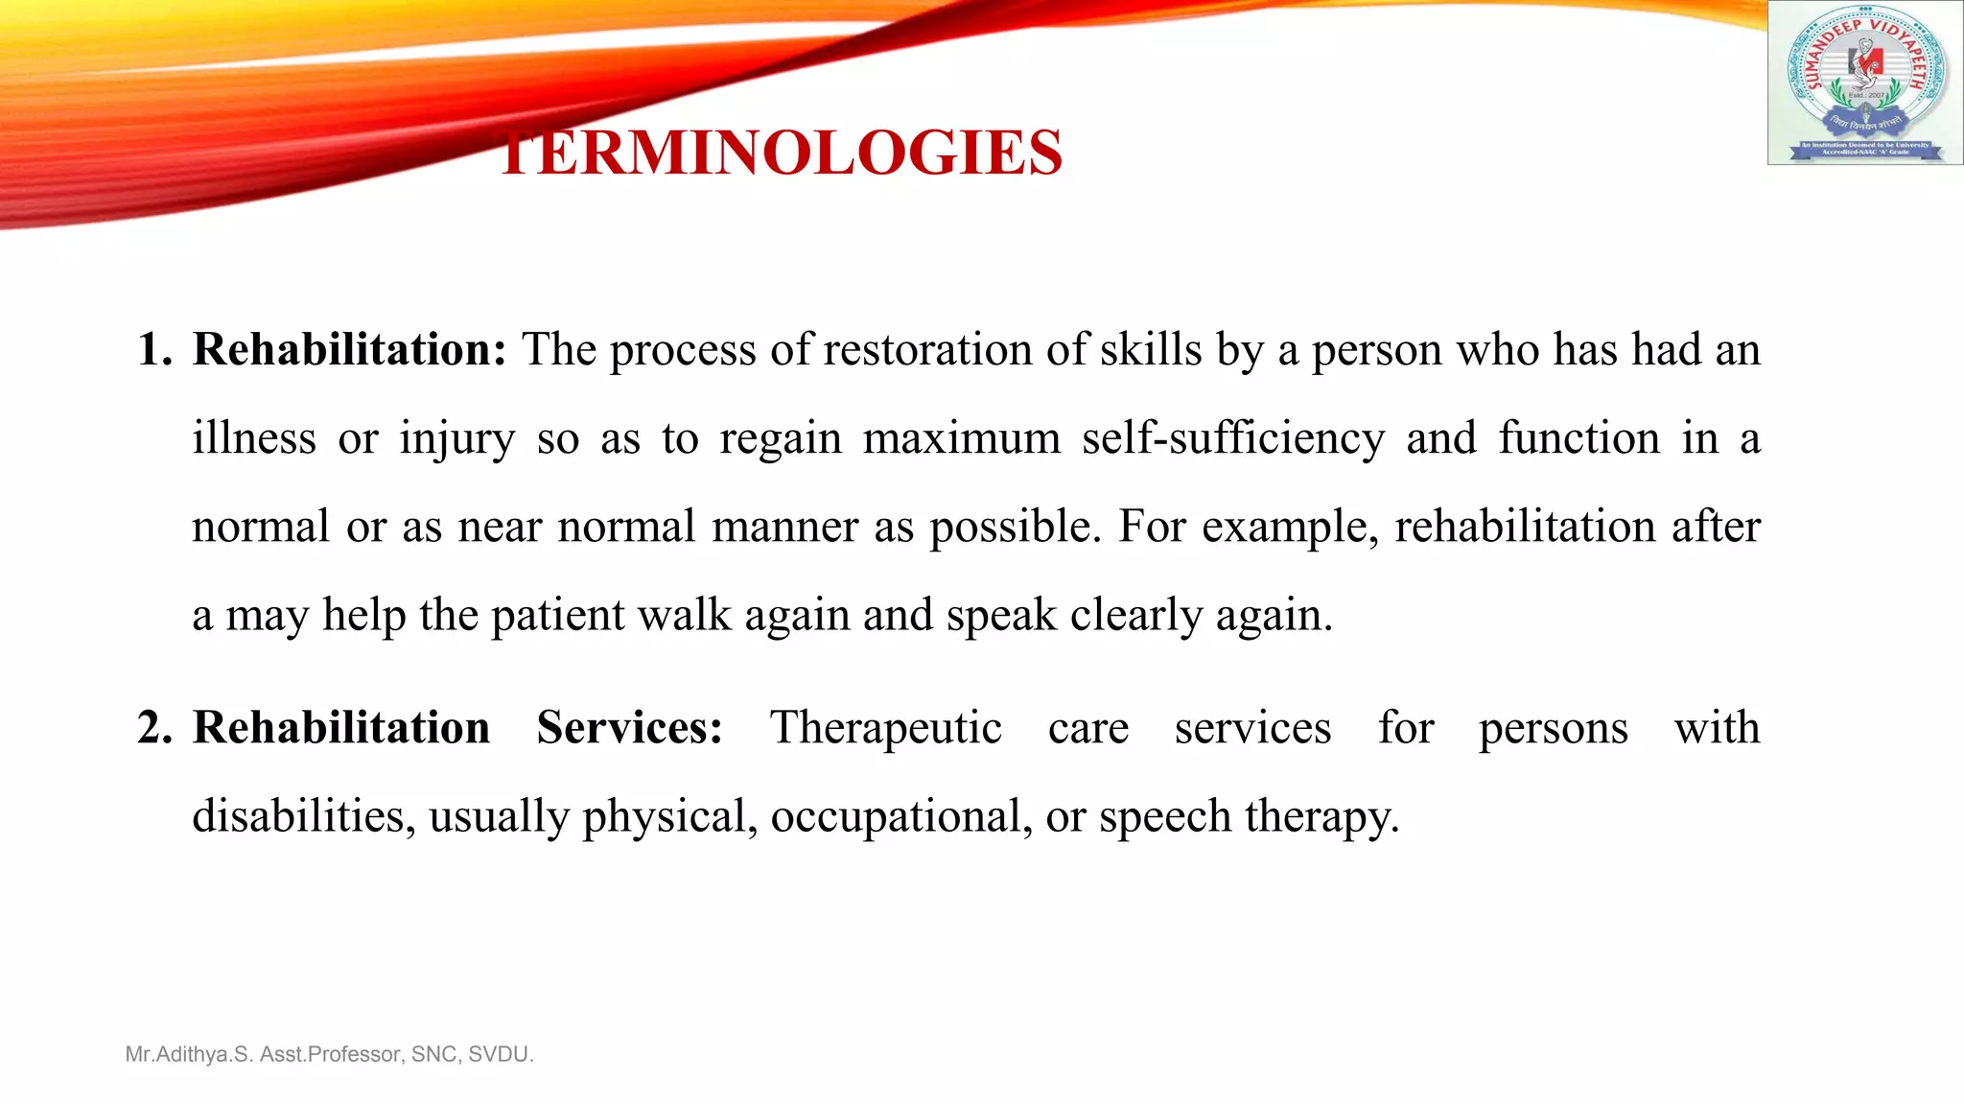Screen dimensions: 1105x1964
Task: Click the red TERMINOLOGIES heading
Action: [x=781, y=153]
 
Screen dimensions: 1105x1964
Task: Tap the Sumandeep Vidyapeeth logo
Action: [x=1864, y=82]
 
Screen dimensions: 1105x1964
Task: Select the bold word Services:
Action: [x=629, y=727]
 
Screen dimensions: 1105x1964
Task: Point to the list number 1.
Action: [x=153, y=349]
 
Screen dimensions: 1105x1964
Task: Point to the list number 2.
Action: [x=153, y=727]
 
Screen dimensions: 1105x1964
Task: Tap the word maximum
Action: [x=961, y=438]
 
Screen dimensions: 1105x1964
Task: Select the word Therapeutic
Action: [x=885, y=727]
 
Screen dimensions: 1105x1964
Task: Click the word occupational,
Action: [x=901, y=816]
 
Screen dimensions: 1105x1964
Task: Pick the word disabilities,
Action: [x=304, y=816]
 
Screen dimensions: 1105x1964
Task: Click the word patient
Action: [x=557, y=616]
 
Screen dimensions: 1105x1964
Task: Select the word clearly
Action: [x=1135, y=616]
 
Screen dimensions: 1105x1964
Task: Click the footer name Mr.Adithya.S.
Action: [x=189, y=1054]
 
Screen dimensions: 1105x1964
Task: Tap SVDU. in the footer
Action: [x=501, y=1054]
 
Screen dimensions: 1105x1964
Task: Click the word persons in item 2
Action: [x=1553, y=729]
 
